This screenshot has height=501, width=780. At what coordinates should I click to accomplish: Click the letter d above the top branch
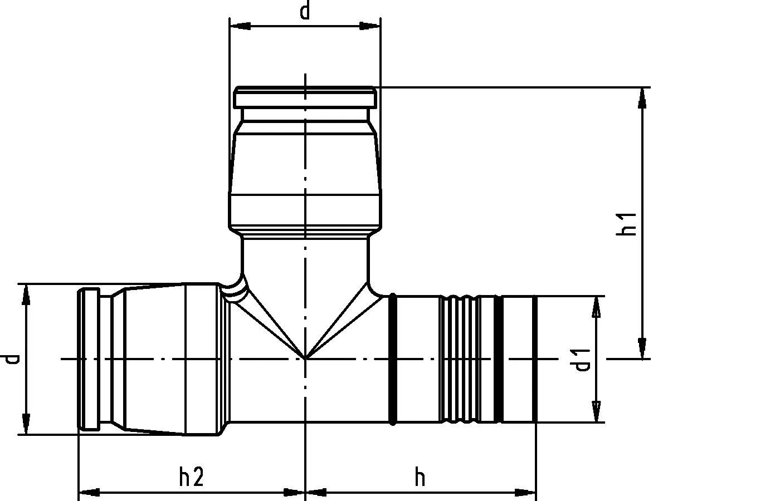(305, 11)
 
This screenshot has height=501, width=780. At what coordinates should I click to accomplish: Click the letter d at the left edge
(9, 358)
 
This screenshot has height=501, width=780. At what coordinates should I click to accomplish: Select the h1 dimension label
(626, 224)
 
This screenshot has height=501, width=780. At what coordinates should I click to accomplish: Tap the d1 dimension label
(581, 360)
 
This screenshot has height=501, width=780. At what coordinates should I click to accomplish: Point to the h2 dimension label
(191, 477)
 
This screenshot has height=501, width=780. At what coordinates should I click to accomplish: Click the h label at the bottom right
(420, 478)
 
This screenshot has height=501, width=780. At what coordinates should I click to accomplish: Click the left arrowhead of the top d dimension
(240, 26)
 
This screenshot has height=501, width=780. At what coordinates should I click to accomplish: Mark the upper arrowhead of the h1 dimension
(642, 98)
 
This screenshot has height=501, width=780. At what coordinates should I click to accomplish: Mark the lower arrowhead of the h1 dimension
(642, 348)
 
